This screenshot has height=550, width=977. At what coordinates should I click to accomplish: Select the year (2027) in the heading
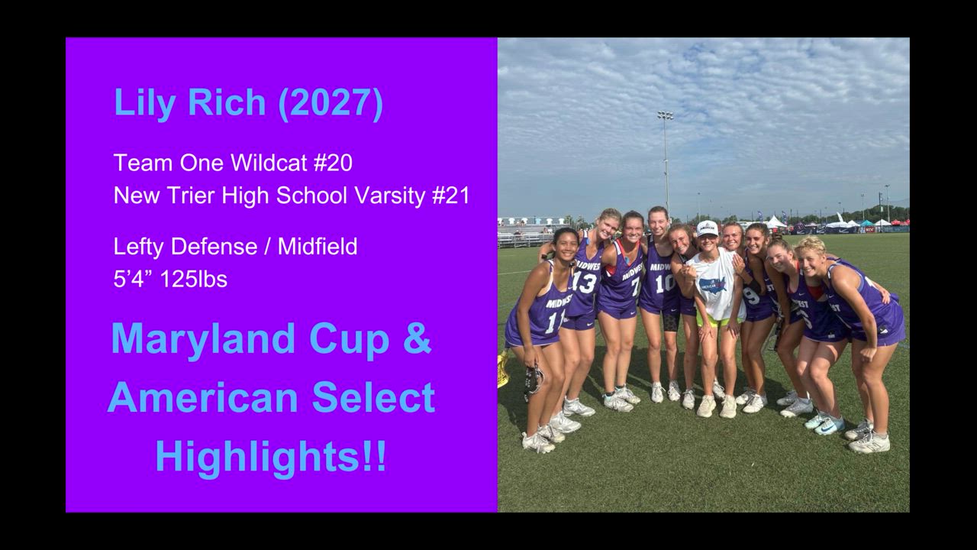331,103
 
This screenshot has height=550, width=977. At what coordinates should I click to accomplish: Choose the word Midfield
318,246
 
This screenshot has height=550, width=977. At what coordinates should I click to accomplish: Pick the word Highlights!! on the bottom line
271,457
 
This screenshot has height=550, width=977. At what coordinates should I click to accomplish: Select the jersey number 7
636,286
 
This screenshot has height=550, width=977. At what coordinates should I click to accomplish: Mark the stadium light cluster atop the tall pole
665,115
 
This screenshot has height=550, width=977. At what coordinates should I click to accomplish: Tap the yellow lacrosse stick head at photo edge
503,369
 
